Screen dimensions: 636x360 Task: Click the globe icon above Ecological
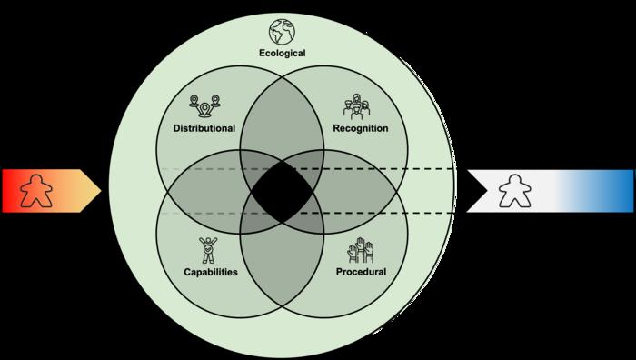(x=282, y=31)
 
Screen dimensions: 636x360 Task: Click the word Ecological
(x=283, y=53)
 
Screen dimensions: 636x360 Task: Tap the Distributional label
(x=204, y=128)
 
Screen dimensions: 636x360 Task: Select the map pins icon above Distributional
(x=204, y=106)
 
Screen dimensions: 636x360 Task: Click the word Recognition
(x=361, y=128)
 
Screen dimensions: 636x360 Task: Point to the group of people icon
(x=356, y=106)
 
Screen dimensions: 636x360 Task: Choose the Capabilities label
(x=211, y=272)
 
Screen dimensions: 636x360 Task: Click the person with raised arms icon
(x=208, y=250)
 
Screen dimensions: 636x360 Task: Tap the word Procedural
(x=361, y=272)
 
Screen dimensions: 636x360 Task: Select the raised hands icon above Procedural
(x=361, y=250)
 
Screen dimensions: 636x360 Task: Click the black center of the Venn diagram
(x=283, y=192)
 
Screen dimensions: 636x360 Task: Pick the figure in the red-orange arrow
(x=36, y=191)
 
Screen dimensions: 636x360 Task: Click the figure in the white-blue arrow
(x=515, y=191)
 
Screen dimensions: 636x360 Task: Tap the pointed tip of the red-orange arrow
(x=101, y=191)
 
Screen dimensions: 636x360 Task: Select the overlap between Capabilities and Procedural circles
(x=283, y=264)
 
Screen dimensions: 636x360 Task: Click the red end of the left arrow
(x=8, y=191)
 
